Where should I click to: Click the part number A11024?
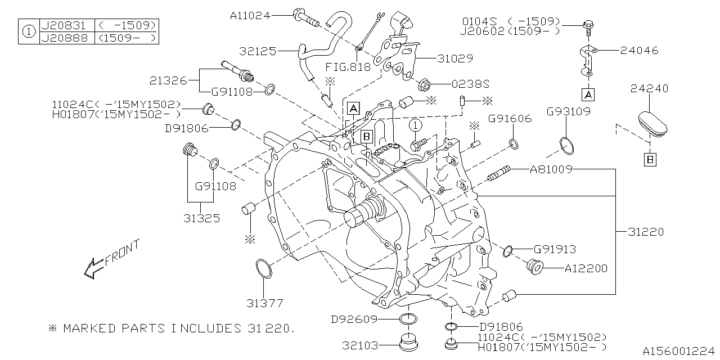coord(250,16)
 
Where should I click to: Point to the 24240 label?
coord(649,89)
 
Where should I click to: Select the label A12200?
coord(586,269)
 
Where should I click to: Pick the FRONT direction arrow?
coord(110,260)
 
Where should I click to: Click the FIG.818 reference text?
coord(348,67)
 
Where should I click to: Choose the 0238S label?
coord(471,84)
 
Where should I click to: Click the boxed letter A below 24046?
coord(588,93)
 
